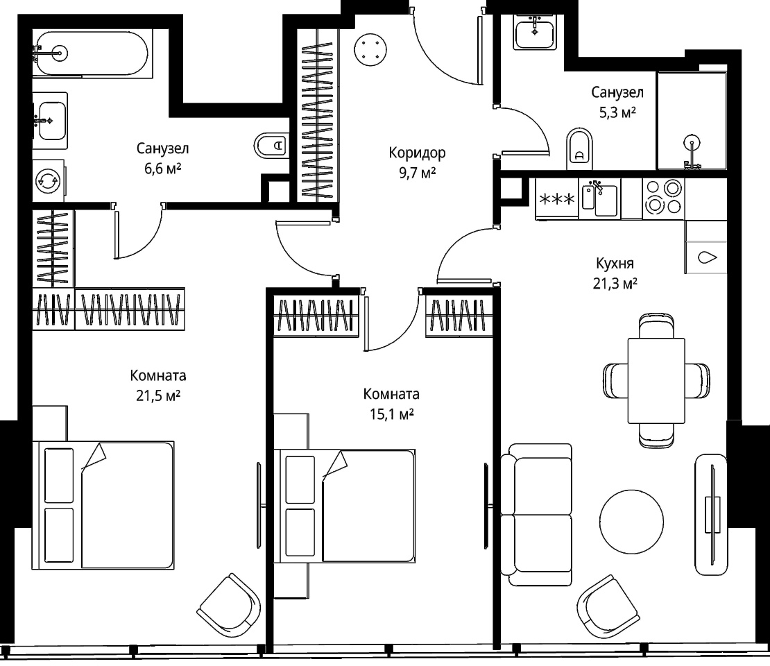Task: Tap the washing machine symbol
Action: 49,180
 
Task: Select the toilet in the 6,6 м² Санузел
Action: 271,145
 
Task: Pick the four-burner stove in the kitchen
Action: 663,198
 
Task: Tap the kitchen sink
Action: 599,198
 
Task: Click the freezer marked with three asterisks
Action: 557,198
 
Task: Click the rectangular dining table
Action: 656,380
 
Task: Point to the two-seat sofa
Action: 537,514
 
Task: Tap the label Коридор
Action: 417,153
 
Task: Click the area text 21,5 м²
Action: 158,395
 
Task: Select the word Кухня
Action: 615,263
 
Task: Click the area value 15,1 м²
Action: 391,414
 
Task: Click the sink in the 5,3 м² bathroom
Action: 535,31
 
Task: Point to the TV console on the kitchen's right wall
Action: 710,514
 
